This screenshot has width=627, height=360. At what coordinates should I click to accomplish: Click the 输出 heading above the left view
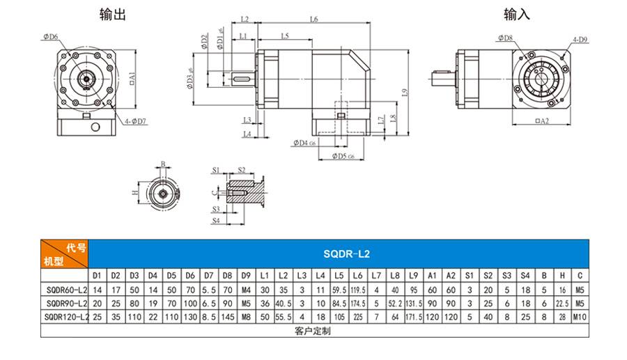pyautogui.click(x=113, y=15)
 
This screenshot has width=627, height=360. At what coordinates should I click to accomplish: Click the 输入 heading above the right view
pyautogui.click(x=517, y=15)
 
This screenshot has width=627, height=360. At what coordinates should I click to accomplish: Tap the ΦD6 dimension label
pyautogui.click(x=51, y=37)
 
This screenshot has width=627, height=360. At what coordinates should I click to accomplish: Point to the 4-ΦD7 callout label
pyautogui.click(x=135, y=121)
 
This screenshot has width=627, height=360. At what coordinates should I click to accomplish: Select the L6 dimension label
pyautogui.click(x=314, y=19)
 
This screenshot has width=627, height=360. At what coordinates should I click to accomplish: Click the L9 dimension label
pyautogui.click(x=405, y=93)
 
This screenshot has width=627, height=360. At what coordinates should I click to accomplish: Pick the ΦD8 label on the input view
pyautogui.click(x=506, y=38)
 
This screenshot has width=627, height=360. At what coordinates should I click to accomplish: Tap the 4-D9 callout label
pyautogui.click(x=580, y=40)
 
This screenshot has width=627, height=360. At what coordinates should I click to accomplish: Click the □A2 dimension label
pyautogui.click(x=542, y=120)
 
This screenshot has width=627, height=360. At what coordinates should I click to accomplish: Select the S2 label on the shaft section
pyautogui.click(x=242, y=170)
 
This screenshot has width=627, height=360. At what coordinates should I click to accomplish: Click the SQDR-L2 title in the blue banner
pyautogui.click(x=346, y=254)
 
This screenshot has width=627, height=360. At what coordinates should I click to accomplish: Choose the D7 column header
pyautogui.click(x=209, y=276)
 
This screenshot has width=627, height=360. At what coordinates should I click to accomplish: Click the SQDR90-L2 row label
pyautogui.click(x=66, y=304)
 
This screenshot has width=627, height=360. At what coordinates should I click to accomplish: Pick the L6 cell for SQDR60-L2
pyautogui.click(x=358, y=290)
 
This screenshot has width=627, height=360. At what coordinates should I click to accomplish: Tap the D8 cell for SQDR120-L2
pyautogui.click(x=228, y=318)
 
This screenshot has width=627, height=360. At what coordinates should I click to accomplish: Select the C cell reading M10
pyautogui.click(x=580, y=318)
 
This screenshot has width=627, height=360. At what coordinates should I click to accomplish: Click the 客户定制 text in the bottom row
pyautogui.click(x=313, y=331)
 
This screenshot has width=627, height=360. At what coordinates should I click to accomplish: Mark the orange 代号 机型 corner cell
pyautogui.click(x=64, y=253)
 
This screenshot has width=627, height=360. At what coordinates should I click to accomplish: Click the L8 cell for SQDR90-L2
pyautogui.click(x=395, y=304)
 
